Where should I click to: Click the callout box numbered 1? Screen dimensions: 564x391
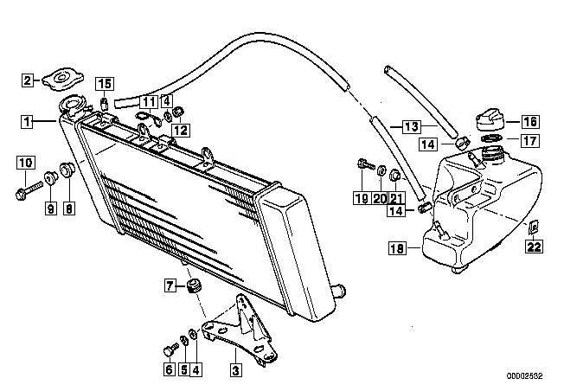[x=27, y=121]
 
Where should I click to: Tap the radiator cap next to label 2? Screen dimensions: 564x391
[x=63, y=79]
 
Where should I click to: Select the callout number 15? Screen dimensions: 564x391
[x=105, y=84]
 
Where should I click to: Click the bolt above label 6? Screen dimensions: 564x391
[x=170, y=349]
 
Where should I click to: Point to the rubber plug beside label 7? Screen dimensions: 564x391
[x=195, y=286]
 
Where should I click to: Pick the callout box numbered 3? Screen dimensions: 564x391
[x=236, y=369]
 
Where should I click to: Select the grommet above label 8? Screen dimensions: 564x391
[x=67, y=170]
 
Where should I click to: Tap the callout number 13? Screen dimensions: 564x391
[x=412, y=126]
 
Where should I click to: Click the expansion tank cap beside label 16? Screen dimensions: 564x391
[x=490, y=119]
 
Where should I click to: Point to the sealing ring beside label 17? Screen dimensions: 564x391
[x=491, y=139]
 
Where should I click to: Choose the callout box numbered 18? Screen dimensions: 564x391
[x=397, y=248]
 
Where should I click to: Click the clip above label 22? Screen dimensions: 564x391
[x=534, y=228]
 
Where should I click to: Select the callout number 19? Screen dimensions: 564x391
[x=362, y=198]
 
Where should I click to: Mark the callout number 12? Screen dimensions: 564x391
[x=181, y=130]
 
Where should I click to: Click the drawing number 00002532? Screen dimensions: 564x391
[x=524, y=376]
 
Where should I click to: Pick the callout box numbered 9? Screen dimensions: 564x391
[x=51, y=208]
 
